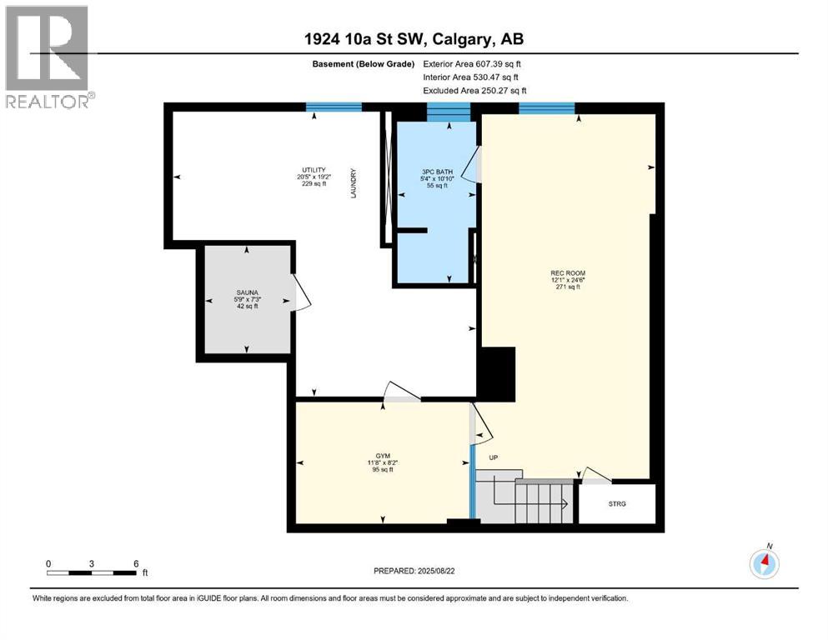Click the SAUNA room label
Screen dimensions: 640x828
pyautogui.click(x=246, y=292)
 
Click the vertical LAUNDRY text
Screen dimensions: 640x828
pyautogui.click(x=354, y=182)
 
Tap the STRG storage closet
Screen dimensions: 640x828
pyautogui.click(x=616, y=503)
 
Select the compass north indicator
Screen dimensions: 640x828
pyautogui.click(x=765, y=562)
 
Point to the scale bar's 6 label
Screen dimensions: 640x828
pyautogui.click(x=135, y=563)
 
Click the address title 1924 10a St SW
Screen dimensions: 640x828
pyautogui.click(x=414, y=38)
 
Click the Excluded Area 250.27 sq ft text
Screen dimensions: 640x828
pyautogui.click(x=475, y=91)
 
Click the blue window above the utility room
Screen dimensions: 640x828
pyautogui.click(x=334, y=107)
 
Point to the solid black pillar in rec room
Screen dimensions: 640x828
pyautogui.click(x=497, y=374)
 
